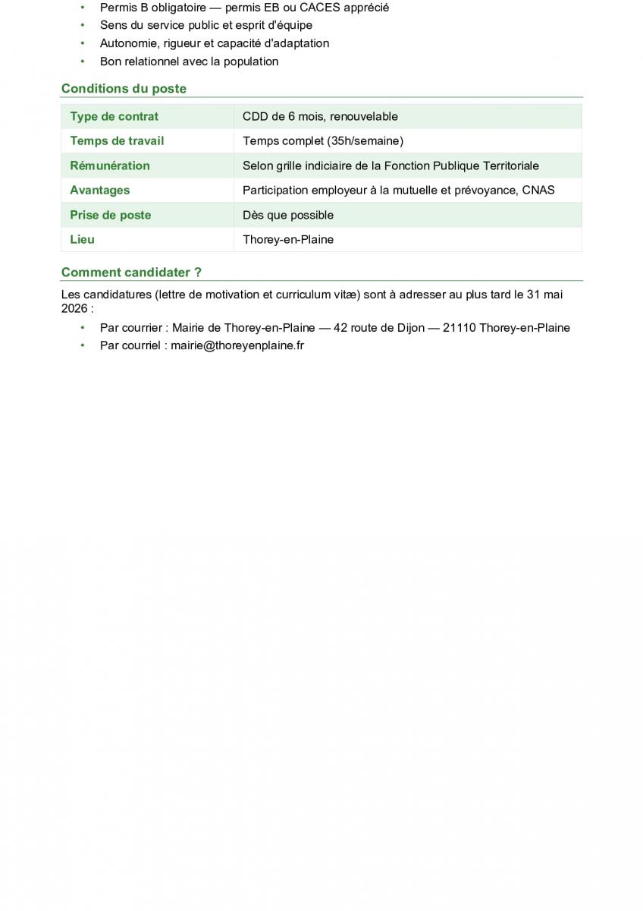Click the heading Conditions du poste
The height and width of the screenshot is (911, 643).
[124, 88]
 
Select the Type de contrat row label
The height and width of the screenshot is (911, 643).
[114, 116]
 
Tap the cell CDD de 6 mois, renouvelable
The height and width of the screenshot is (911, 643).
[320, 116]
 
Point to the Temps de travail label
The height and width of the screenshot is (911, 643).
[117, 140]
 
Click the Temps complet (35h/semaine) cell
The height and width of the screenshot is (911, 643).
[323, 140]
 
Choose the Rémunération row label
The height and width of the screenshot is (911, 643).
[110, 165]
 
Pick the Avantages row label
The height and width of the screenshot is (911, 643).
[100, 190]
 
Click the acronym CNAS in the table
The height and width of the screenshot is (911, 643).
[538, 190]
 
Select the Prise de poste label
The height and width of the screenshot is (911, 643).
[111, 215]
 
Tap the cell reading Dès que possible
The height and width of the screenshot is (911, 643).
[288, 215]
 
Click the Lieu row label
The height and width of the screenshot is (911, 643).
[83, 239]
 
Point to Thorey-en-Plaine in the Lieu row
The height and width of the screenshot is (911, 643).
[288, 239]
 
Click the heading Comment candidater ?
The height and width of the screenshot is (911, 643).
[131, 272]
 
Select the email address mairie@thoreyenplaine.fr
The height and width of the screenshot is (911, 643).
[237, 345]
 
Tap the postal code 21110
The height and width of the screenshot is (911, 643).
[459, 328]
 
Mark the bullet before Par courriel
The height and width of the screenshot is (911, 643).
[83, 345]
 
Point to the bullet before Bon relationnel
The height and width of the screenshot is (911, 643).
[83, 61]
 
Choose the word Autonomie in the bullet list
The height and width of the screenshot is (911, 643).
[128, 43]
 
